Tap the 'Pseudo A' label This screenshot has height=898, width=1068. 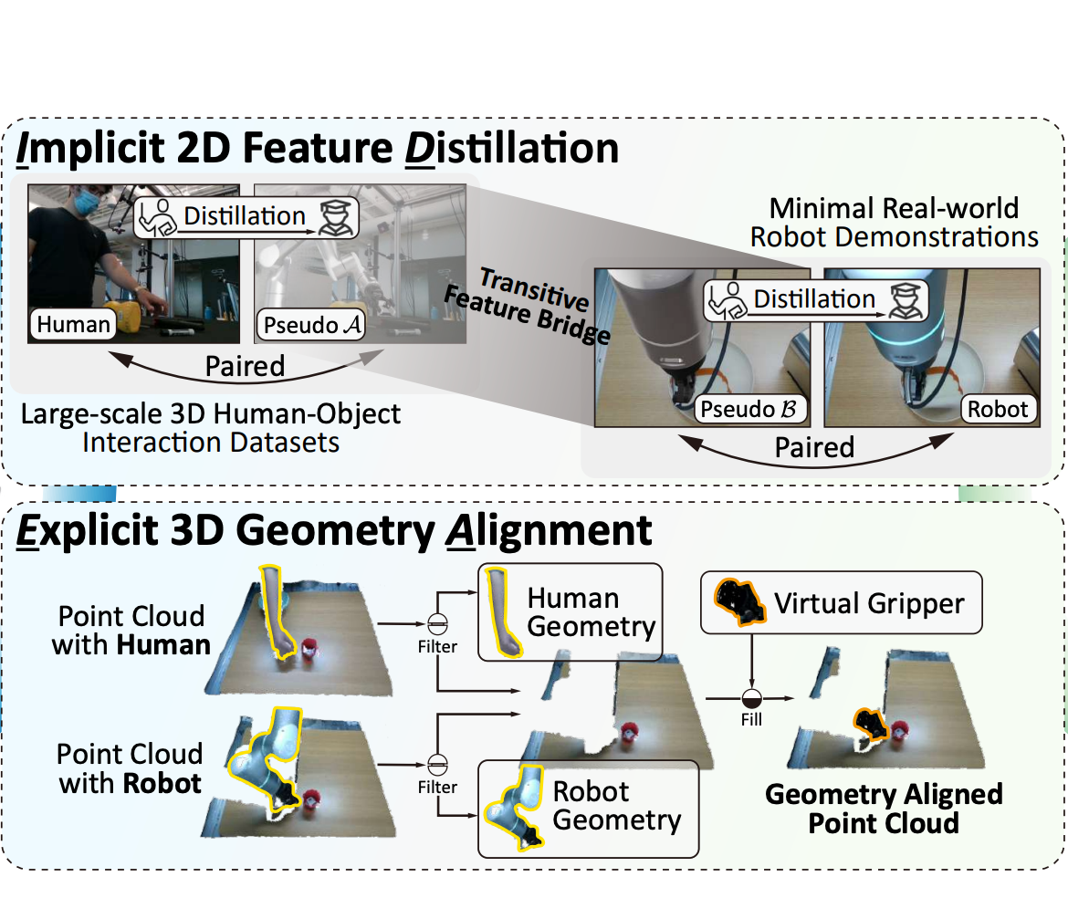pyautogui.click(x=311, y=323)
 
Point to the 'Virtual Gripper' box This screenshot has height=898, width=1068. pyautogui.click(x=841, y=602)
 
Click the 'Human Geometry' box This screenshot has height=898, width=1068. pyautogui.click(x=569, y=613)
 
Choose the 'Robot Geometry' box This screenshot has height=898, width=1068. pyautogui.click(x=588, y=807)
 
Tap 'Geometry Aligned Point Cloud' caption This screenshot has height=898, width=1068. pyautogui.click(x=884, y=809)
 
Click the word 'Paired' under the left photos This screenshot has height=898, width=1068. pyautogui.click(x=245, y=366)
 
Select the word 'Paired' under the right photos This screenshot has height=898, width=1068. pyautogui.click(x=814, y=447)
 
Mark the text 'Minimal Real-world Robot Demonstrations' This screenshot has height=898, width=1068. pyautogui.click(x=894, y=223)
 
